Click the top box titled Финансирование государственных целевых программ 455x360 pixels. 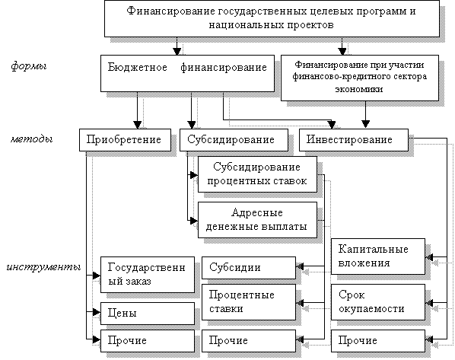(272, 18)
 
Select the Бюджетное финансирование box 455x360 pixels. (187, 74)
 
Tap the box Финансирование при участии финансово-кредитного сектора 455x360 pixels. (360, 78)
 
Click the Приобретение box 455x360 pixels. (125, 140)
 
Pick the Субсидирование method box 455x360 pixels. (234, 140)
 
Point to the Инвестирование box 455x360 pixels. (354, 140)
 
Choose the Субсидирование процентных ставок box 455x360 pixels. (257, 174)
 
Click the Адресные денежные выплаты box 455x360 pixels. (257, 220)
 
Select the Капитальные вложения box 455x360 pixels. (378, 256)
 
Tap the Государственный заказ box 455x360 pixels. (148, 275)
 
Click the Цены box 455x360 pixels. (148, 314)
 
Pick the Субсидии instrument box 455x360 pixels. (249, 268)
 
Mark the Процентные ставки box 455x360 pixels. (249, 302)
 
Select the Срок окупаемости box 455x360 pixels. (378, 302)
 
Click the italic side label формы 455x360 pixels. (29, 66)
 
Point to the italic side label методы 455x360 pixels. (32, 139)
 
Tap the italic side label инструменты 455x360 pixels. (43, 267)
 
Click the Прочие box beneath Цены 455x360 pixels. (148, 341)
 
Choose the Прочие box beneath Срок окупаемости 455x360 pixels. (378, 341)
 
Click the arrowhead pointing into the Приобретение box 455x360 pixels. (137, 125)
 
